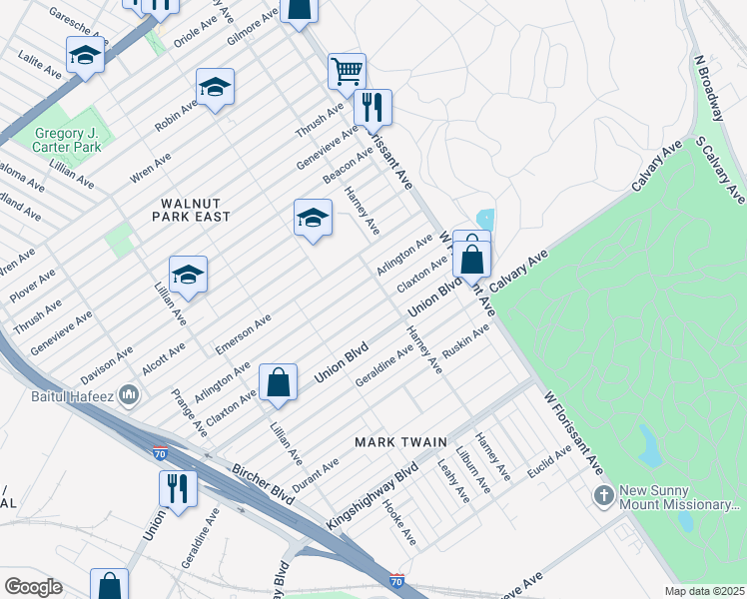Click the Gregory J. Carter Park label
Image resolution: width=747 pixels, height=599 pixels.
68,140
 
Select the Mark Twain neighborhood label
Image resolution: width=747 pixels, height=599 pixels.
394,441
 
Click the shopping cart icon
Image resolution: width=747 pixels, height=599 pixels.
347,71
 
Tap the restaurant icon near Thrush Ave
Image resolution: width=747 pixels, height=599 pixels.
373,107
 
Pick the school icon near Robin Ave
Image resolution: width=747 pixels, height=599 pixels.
215,90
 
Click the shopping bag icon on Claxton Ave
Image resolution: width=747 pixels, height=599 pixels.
278,382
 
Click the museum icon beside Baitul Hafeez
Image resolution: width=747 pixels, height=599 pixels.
129,396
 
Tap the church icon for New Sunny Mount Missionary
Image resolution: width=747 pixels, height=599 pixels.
603,495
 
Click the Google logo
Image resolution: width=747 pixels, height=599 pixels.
34,587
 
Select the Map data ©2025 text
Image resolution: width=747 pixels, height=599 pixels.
703,591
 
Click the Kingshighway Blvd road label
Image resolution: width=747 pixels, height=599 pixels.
372,492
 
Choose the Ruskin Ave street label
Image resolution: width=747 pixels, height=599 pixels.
465,343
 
